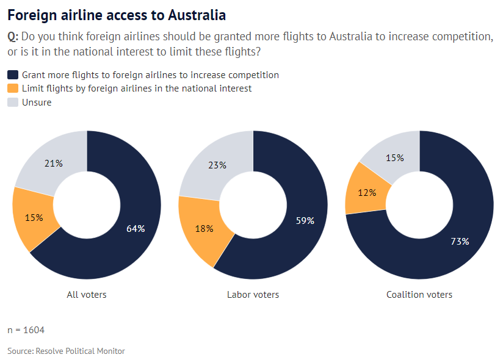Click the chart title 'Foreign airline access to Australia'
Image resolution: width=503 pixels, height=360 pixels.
pos(116,15)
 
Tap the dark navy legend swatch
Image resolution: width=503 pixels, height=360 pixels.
pos(13,75)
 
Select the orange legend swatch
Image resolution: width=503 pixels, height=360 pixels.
pos(13,88)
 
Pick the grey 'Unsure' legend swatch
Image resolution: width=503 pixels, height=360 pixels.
pos(13,103)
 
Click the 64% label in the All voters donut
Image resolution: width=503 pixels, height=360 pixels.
pos(136,229)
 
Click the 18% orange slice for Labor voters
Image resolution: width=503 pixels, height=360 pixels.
pos(204,229)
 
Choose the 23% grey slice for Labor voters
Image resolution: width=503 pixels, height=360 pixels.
pos(217,165)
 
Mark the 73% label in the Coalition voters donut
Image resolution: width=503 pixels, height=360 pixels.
pos(459,241)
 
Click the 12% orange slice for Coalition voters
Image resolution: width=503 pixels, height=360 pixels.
pos(367,193)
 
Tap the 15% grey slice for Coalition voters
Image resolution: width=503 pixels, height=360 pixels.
pos(395,157)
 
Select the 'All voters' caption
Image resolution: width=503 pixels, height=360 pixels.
pos(87,295)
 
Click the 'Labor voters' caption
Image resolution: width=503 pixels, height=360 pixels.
pos(253,295)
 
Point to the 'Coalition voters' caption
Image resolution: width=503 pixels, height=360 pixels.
pos(419,295)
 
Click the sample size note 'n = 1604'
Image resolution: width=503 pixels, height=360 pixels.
pos(26,330)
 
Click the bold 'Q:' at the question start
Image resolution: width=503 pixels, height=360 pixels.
pos(13,37)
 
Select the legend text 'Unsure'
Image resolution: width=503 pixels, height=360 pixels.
pos(37,103)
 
